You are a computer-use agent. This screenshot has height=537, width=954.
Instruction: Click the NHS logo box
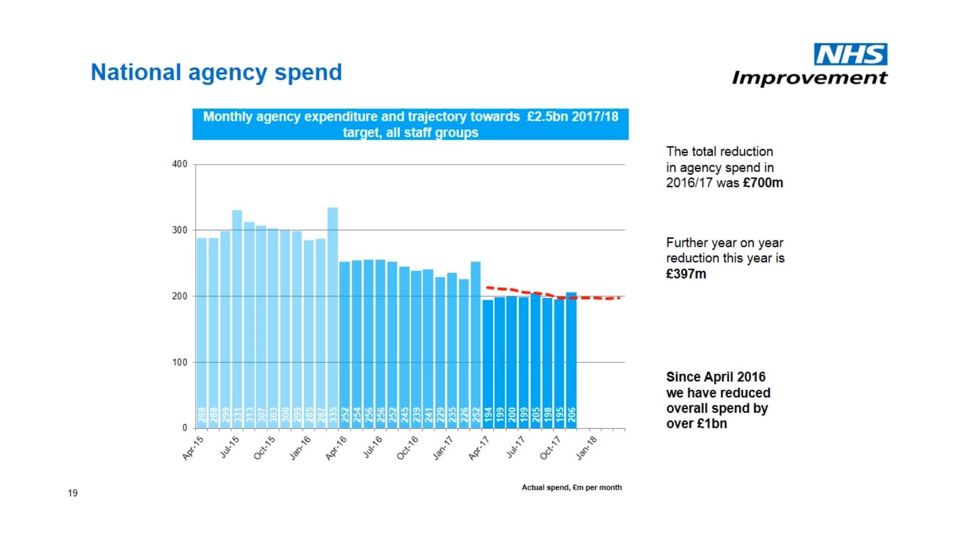850,54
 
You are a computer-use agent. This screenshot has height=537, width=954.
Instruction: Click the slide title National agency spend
216,73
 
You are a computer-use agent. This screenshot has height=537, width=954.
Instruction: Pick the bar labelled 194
488,363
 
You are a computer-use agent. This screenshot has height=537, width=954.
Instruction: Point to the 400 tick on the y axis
179,164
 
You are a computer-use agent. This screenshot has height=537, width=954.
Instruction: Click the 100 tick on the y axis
179,362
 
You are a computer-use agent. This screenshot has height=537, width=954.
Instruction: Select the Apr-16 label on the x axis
336,448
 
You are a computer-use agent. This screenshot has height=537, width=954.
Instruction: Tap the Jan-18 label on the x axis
587,448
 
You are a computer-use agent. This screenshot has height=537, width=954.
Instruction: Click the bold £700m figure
763,183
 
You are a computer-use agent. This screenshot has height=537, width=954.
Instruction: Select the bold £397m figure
686,274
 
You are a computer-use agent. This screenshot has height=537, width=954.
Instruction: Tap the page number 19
73,493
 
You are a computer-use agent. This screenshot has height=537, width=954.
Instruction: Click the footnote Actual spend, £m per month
571,487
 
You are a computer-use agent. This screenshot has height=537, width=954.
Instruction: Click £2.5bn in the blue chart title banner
547,117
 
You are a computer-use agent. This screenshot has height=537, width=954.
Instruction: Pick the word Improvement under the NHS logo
809,78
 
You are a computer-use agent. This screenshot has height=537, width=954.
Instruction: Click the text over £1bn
697,424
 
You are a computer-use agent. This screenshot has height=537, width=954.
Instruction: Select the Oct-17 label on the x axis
551,448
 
